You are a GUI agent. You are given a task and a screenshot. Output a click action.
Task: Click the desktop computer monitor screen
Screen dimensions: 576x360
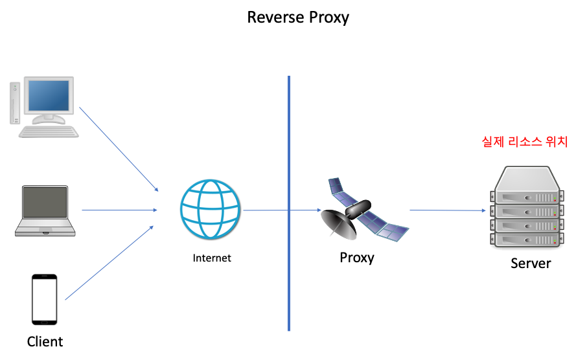coord(49,96)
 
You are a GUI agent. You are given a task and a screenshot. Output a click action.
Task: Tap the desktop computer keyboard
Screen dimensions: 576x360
coord(49,131)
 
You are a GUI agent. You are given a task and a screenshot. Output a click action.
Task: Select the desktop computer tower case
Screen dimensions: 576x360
coord(15,102)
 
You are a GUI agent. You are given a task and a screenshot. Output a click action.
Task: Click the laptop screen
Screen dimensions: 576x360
coord(45,202)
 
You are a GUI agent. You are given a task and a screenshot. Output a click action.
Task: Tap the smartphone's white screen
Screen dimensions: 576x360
coord(45,299)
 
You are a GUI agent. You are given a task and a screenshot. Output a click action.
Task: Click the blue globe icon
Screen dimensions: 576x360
coord(209,209)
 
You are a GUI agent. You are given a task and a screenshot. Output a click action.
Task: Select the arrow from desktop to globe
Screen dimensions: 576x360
coord(119,149)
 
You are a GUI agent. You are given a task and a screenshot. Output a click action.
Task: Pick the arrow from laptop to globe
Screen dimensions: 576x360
coord(119,210)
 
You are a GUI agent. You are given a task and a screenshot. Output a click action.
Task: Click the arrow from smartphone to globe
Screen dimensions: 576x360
coord(109,263)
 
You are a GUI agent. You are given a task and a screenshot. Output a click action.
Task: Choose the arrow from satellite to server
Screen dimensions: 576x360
coord(447,210)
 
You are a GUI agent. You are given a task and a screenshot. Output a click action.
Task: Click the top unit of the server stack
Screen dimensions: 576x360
coord(526,186)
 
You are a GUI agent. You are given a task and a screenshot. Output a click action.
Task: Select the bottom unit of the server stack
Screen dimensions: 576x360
coord(526,240)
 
